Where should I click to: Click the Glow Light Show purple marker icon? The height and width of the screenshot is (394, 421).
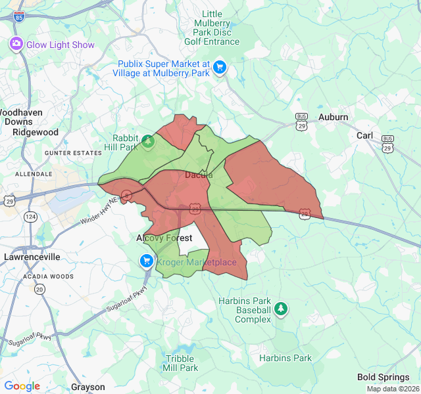tap(16, 44)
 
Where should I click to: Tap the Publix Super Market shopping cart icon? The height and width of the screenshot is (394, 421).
tap(220, 67)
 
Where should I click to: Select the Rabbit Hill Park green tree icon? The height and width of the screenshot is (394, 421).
tap(149, 142)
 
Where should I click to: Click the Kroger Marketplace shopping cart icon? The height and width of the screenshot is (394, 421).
tap(147, 262)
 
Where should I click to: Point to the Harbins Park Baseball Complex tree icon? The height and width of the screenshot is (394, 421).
tap(281, 308)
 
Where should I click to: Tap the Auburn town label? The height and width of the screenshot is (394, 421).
tap(333, 117)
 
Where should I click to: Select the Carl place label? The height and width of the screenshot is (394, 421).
tap(364, 135)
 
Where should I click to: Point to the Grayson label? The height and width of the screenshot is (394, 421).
tap(87, 387)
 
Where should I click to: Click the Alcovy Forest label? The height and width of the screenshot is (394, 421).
tap(164, 238)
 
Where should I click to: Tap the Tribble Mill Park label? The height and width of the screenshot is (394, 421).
tap(180, 363)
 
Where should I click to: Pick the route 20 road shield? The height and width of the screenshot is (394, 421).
tap(40, 289)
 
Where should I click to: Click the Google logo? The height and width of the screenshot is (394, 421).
tap(22, 386)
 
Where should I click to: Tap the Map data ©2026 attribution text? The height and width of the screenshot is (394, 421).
tap(392, 389)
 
